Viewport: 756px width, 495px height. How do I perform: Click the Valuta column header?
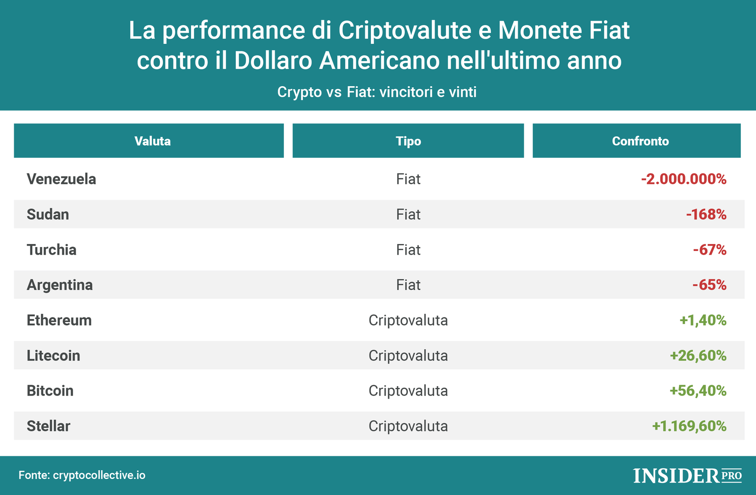click(x=152, y=141)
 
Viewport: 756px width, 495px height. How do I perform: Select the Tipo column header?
click(x=408, y=141)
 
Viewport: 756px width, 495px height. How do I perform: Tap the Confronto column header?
click(x=640, y=141)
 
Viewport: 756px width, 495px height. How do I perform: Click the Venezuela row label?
click(x=61, y=179)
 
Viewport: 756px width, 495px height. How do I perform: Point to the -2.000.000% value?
click(x=683, y=179)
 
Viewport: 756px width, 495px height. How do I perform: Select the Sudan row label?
click(x=48, y=214)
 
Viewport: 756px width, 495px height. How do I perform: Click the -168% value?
click(x=706, y=214)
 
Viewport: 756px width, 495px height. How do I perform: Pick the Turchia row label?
click(x=51, y=250)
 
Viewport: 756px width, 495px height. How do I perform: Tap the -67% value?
click(x=710, y=250)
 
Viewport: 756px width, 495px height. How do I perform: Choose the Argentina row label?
click(x=59, y=285)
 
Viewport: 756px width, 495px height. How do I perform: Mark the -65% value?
click(x=710, y=285)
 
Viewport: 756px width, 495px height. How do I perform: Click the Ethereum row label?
click(x=59, y=320)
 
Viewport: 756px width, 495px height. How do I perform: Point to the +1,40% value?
click(x=703, y=320)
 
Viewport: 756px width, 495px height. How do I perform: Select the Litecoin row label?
click(x=53, y=355)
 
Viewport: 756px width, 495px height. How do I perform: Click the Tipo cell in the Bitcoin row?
click(x=408, y=391)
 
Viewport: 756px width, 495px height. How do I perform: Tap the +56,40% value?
click(x=698, y=391)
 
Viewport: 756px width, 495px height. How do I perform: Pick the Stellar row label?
click(x=48, y=426)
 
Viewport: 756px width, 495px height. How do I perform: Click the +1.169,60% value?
click(x=689, y=426)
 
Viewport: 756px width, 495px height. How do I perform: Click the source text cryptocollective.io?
click(x=99, y=475)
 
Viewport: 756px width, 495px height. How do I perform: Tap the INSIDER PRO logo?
click(x=687, y=475)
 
